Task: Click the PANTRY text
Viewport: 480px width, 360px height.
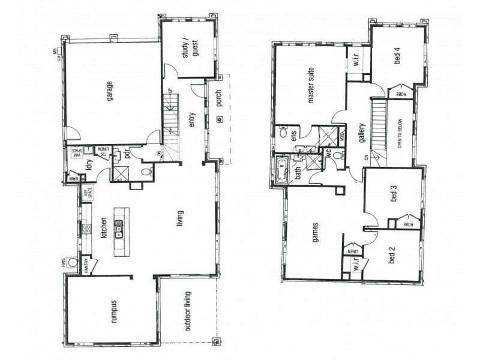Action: [86, 266]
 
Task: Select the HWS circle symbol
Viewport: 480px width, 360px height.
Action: [73, 262]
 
